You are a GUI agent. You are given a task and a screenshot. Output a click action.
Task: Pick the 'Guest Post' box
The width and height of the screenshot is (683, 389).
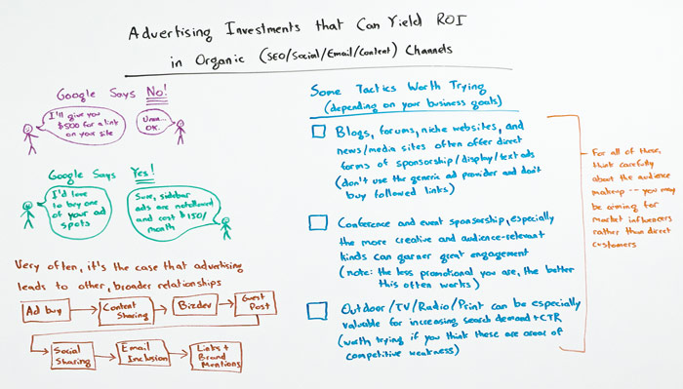coord(259,305)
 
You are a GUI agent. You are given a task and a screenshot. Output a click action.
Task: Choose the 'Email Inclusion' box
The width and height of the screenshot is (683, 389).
coord(142,352)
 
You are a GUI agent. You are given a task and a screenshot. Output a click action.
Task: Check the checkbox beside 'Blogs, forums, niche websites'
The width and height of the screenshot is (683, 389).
coord(318,132)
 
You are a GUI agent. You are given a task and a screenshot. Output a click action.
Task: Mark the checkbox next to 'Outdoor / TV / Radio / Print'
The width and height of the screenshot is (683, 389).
coord(318,311)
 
